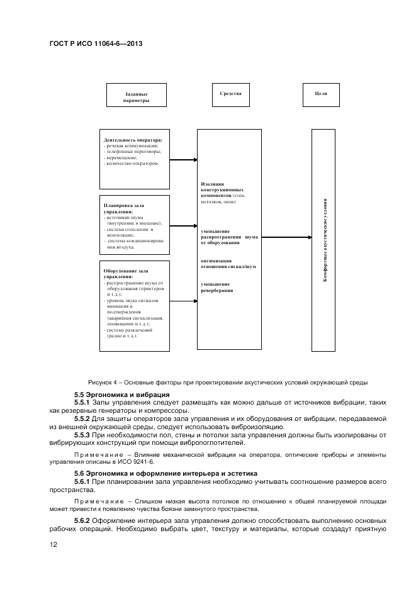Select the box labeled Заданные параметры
[137, 97]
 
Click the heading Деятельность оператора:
[133, 140]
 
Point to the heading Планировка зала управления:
[124, 208]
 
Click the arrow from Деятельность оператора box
[183, 160]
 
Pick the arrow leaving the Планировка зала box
[183, 225]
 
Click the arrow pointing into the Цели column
[286, 237]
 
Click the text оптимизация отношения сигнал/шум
[228, 263]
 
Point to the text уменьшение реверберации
[217, 288]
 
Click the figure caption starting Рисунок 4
[228, 382]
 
